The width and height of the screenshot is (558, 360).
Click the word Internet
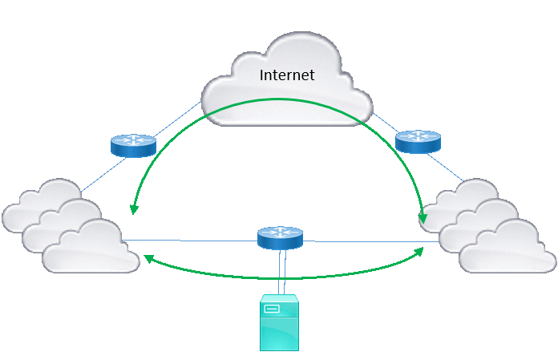(287, 75)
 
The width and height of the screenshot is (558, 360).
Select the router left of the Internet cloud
(133, 145)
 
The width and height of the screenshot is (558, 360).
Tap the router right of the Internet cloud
(418, 142)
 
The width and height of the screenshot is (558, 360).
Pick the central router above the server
(280, 237)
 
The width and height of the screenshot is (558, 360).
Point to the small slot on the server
(272, 309)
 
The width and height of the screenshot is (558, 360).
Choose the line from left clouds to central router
(192, 240)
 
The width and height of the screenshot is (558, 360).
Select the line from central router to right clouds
(369, 241)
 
